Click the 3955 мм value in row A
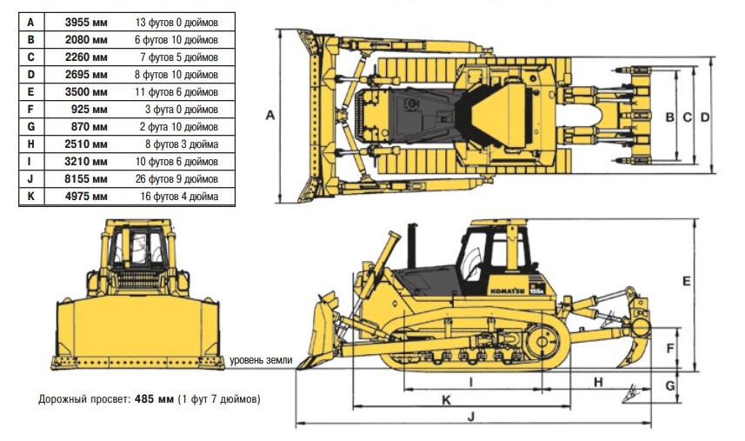click(86, 23)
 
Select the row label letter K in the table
click(31, 197)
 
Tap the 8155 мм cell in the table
click(86, 179)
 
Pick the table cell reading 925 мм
click(90, 110)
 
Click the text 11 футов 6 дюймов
click(176, 92)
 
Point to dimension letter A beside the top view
click(269, 115)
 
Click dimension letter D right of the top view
click(705, 117)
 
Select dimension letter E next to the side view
click(686, 281)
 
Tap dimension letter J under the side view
click(471, 417)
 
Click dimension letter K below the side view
click(446, 400)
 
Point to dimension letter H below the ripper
click(598, 382)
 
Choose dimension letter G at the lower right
click(670, 386)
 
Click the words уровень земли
click(261, 360)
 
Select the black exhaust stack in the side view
click(412, 246)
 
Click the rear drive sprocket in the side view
click(542, 342)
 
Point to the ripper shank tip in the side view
click(618, 366)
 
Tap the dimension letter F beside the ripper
click(670, 349)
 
